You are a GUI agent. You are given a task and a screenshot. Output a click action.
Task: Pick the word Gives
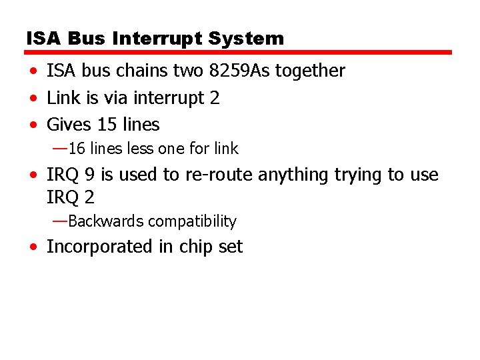69,125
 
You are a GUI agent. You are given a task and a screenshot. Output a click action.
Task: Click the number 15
107,125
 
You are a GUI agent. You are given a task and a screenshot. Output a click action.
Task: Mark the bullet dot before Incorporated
33,247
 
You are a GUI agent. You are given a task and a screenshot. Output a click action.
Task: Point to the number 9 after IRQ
90,175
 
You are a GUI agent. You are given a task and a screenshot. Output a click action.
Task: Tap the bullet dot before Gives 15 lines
33,125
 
